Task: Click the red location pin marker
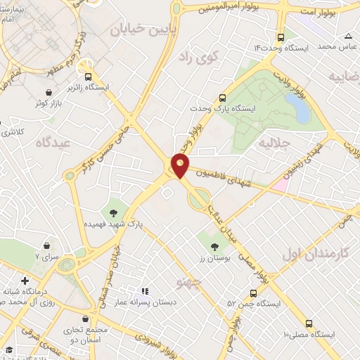pyautogui.click(x=181, y=165)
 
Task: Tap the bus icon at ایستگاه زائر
pyautogui.click(x=89, y=77)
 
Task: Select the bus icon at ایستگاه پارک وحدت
pyautogui.click(x=222, y=98)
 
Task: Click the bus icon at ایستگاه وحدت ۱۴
pyautogui.click(x=281, y=37)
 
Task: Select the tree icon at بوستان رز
pyautogui.click(x=214, y=246)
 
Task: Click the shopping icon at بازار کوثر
pyautogui.click(x=47, y=92)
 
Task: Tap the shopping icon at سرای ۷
pyautogui.click(x=46, y=246)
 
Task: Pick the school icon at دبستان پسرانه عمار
pyautogui.click(x=146, y=290)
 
